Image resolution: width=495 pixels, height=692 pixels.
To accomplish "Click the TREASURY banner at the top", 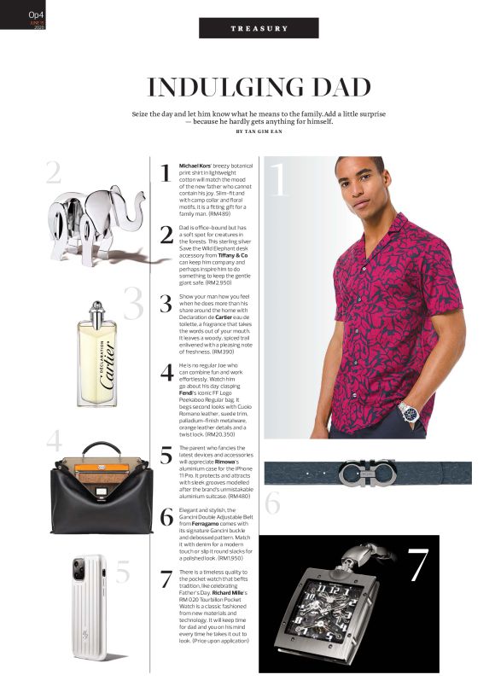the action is pos(259,28).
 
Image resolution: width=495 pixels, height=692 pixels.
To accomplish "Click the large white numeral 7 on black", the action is pos(417,566).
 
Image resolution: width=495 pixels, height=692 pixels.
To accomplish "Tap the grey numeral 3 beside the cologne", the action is pos(132,305).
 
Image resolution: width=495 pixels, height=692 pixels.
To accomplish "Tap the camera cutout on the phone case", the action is pos(83,569).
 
